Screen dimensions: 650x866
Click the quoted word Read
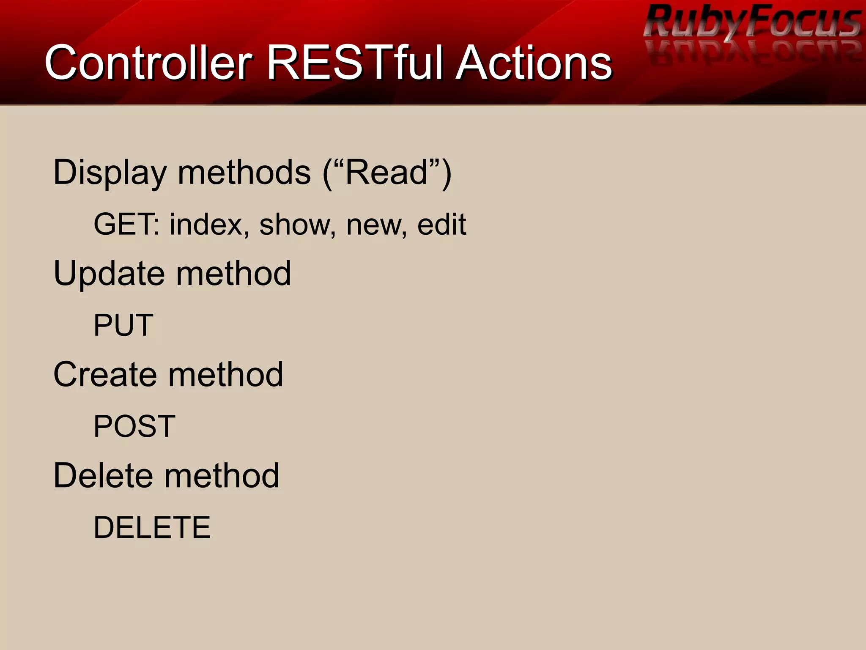point(386,173)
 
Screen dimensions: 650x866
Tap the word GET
point(125,224)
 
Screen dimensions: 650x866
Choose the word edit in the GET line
point(441,224)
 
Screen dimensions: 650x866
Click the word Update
point(109,274)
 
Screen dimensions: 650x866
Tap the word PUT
point(123,325)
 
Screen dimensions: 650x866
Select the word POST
point(134,426)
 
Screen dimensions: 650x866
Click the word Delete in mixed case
point(103,476)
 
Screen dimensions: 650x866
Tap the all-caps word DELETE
point(152,527)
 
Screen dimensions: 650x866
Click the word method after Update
point(233,274)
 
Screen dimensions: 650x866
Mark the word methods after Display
point(244,173)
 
